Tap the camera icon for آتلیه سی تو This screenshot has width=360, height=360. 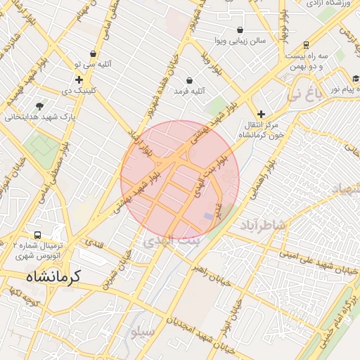pos(94,53)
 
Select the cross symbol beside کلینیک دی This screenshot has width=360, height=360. pos(79,80)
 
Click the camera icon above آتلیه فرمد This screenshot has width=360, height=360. pos(190,80)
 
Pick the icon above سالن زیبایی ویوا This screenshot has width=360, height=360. pos(240,30)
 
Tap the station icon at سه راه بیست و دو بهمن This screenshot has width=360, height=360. pos(306,44)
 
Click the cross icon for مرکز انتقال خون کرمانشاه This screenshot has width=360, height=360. pos(261,113)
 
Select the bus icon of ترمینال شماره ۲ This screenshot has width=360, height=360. pos(37,234)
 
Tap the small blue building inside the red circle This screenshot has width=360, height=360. pos(208,214)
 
